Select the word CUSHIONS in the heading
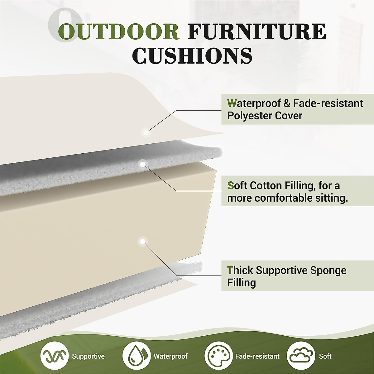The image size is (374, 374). pyautogui.click(x=192, y=56)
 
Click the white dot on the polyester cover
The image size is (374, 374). pyautogui.click(x=146, y=132)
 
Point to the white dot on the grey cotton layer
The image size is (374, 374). pyautogui.click(x=142, y=164)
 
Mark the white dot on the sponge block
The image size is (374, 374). pyautogui.click(x=142, y=242)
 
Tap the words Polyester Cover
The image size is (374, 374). pyautogui.click(x=265, y=116)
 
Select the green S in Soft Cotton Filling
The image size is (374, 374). pyautogui.click(x=230, y=185)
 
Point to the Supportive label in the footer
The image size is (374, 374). pyautogui.click(x=88, y=356)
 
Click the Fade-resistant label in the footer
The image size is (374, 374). pyautogui.click(x=257, y=356)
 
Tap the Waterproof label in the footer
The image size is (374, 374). pyautogui.click(x=170, y=356)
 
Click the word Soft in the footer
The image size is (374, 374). pyautogui.click(x=325, y=356)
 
